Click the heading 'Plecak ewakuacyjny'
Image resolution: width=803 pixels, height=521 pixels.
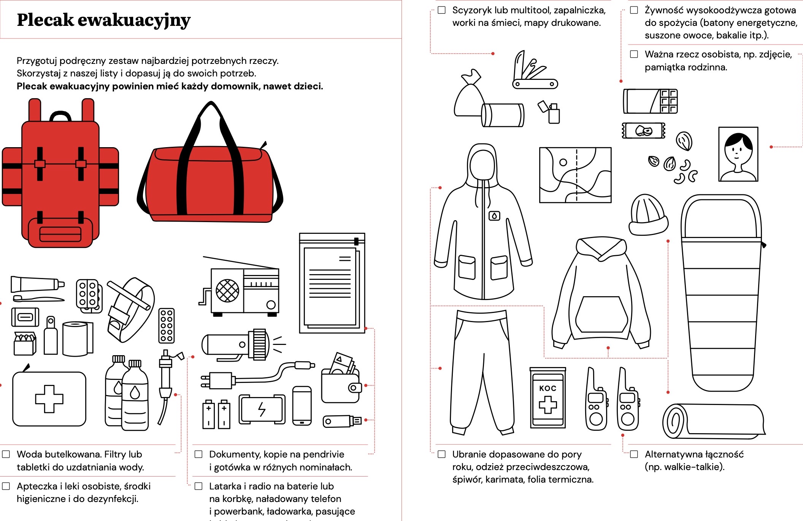[103, 20]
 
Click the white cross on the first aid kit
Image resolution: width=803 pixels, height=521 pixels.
[49, 399]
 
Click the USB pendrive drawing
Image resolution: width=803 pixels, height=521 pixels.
[341, 421]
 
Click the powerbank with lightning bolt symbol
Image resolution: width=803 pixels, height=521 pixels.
[262, 410]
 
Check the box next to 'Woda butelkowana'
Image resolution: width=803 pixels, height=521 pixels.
[6, 454]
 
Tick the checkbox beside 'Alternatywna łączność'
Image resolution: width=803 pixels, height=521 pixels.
[634, 454]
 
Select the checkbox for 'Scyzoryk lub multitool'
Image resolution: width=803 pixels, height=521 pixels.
[441, 10]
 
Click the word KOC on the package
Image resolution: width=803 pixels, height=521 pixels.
[547, 388]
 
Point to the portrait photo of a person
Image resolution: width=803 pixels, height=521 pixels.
[738, 154]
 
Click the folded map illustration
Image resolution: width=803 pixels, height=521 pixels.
[575, 175]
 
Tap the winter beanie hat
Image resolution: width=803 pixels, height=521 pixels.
[648, 215]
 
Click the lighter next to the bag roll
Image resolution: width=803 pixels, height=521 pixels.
[551, 112]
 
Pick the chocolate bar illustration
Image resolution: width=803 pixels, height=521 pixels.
[650, 101]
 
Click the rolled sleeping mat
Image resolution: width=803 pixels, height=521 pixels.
[713, 421]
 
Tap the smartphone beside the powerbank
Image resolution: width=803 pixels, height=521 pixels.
[302, 406]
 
